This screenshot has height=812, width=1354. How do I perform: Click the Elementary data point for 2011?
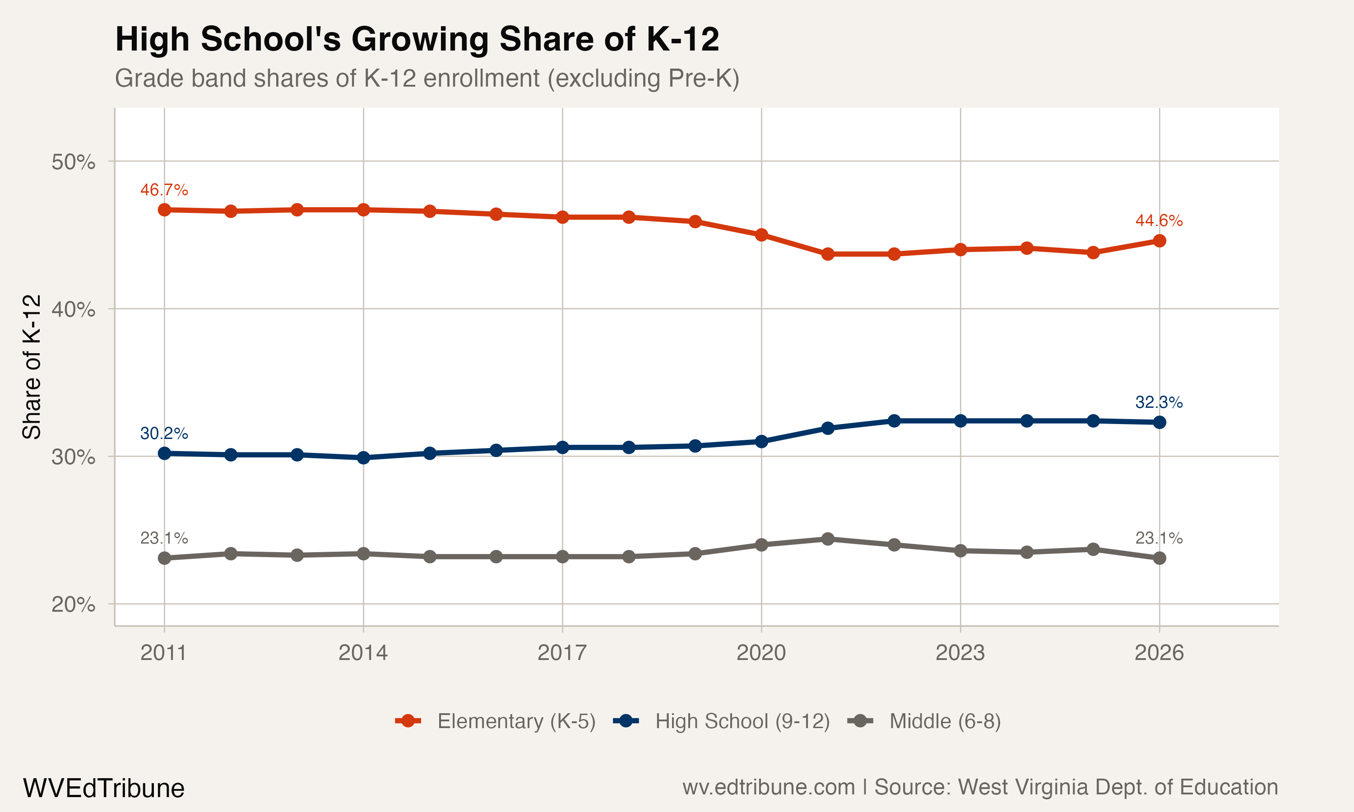pos(164,210)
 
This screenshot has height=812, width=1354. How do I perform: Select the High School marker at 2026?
pos(1159,422)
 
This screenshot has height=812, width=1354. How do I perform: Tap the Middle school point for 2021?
pos(827,539)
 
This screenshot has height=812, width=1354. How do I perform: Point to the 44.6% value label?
pos(1159,221)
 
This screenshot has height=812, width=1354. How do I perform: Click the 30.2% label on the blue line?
pos(164,434)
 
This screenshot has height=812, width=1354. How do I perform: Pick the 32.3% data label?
pos(1159,402)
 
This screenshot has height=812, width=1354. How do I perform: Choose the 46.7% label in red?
pos(164,190)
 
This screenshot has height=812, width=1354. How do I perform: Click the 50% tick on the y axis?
pos(73,162)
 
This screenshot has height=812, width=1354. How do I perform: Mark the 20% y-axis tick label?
pos(73,604)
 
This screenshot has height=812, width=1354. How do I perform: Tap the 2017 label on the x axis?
pos(562,653)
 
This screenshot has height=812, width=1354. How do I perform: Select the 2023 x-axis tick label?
pos(960,653)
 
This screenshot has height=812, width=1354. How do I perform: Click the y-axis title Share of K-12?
pos(32,367)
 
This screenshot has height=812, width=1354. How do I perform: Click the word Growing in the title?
pos(420,39)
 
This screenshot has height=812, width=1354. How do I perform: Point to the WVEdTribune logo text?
pos(103,788)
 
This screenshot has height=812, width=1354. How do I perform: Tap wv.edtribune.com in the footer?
pos(769,787)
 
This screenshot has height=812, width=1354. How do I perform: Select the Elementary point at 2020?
pos(761,235)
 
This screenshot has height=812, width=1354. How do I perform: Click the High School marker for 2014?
pos(363,457)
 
